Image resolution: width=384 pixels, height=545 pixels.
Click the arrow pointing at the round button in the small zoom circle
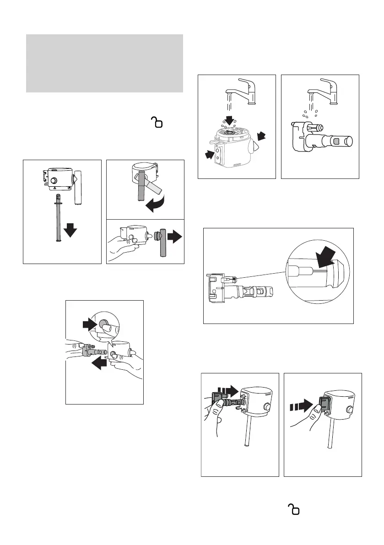(89, 324)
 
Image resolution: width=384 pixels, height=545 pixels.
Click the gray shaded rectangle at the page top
(105, 63)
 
